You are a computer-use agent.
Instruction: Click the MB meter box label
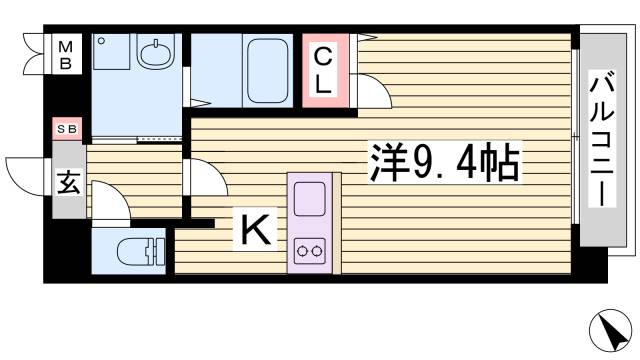(65, 54)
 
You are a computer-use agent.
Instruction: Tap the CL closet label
(323, 70)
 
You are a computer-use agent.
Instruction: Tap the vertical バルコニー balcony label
(602, 139)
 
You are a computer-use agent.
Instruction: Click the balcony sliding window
(577, 135)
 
